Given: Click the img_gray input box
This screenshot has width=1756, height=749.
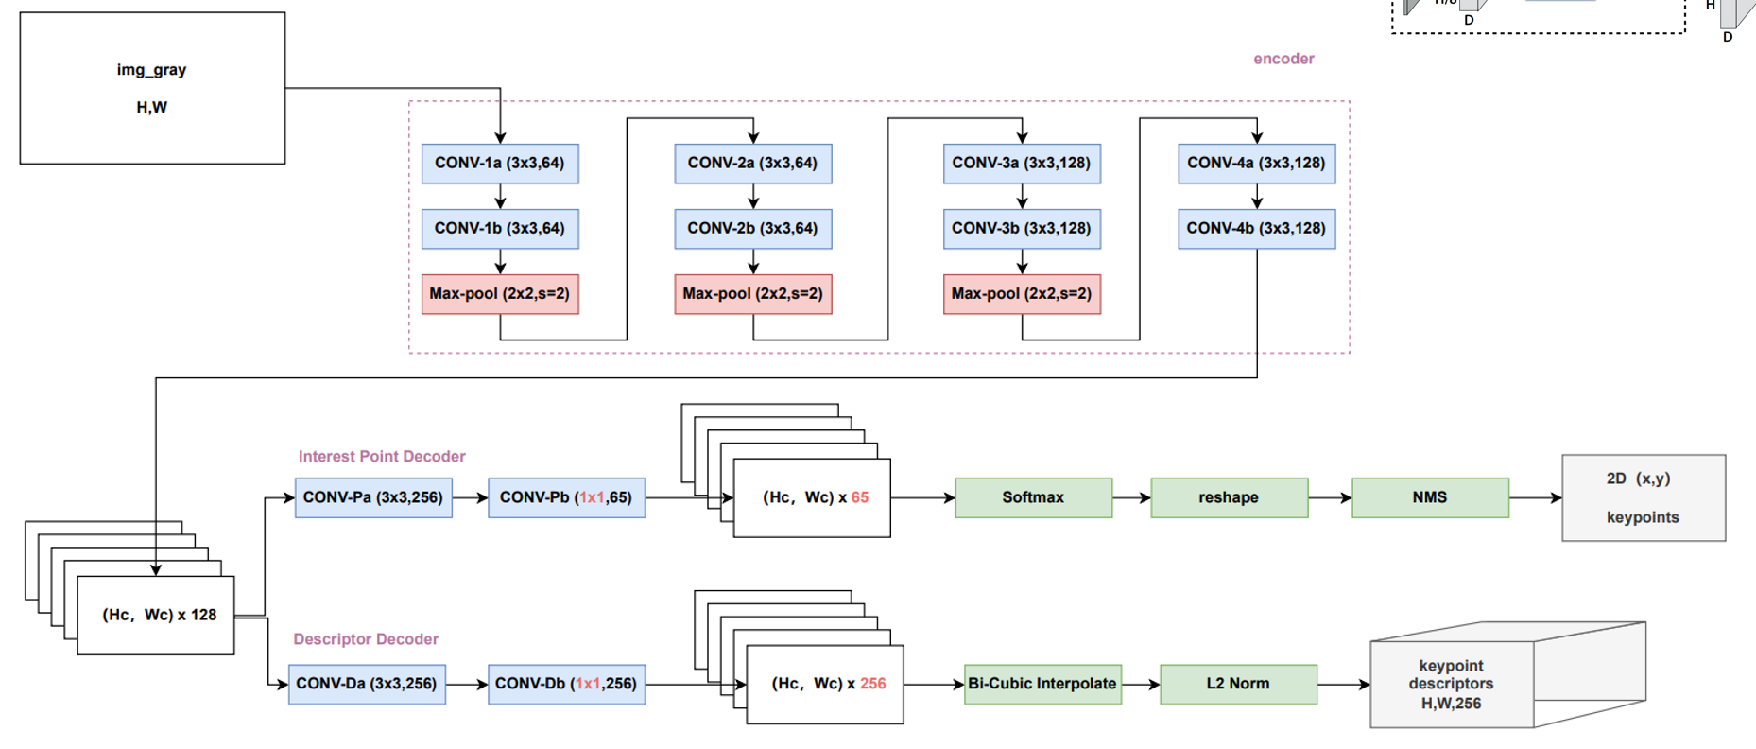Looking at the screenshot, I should click(x=152, y=88).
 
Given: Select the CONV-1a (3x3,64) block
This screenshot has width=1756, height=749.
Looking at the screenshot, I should click(x=500, y=164).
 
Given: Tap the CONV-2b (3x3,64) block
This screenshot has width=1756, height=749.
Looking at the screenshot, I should click(x=752, y=229).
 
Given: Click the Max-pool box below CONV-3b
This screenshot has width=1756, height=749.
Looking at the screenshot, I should click(x=1022, y=294).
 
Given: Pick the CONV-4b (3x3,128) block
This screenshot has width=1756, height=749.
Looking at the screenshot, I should click(x=1256, y=229).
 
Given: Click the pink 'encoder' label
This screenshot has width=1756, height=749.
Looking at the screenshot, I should click(x=1283, y=59).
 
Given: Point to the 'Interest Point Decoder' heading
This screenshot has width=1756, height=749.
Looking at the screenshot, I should click(x=382, y=456).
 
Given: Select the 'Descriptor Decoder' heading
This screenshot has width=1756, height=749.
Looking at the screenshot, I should click(x=366, y=639).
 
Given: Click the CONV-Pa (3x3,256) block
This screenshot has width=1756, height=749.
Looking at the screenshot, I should click(x=373, y=497).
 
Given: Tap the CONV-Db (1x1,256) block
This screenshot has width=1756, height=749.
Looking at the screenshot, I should click(x=566, y=684).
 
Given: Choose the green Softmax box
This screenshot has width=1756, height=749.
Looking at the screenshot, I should click(x=1033, y=497).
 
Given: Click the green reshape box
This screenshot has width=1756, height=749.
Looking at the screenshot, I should click(x=1229, y=497).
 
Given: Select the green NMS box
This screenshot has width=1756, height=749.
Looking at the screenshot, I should click(x=1430, y=497).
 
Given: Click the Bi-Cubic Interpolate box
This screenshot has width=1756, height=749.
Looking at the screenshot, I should click(x=1042, y=684).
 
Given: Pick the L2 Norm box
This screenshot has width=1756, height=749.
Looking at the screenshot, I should click(x=1238, y=684).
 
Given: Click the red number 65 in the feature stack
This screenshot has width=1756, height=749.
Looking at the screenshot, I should click(x=859, y=497).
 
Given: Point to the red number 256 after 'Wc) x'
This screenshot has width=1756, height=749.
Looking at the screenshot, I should click(x=872, y=684).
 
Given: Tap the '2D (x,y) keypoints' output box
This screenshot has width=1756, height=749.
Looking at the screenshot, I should click(x=1643, y=497).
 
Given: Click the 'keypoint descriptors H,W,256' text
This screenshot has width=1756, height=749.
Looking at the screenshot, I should click(x=1451, y=685).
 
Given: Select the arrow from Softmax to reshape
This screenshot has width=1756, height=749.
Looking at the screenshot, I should click(x=1131, y=497).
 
